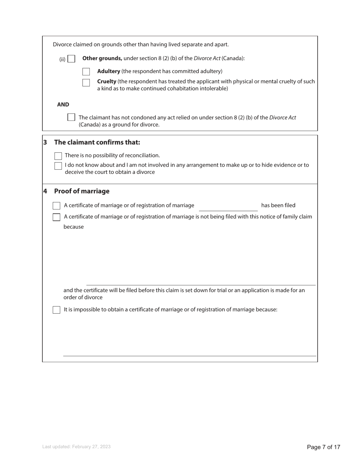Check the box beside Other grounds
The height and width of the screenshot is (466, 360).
click(x=71, y=59)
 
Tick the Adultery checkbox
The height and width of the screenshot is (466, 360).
click(x=86, y=72)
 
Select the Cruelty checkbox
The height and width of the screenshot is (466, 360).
click(x=86, y=82)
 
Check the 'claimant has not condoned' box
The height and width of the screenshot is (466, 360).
click(x=71, y=117)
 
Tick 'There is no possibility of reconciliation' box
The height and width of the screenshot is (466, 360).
click(x=58, y=156)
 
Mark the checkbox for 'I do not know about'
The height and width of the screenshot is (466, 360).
click(x=58, y=166)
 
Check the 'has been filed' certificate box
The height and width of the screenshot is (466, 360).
click(x=56, y=206)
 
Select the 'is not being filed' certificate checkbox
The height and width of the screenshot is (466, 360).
click(x=56, y=217)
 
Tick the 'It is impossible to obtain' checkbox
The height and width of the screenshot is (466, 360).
click(x=56, y=310)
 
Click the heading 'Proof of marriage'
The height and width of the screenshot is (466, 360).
click(x=81, y=191)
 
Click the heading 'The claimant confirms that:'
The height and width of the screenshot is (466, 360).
click(x=97, y=142)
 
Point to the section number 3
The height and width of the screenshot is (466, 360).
click(x=45, y=142)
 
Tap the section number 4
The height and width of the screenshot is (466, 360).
click(x=45, y=191)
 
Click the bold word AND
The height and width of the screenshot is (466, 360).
click(x=63, y=105)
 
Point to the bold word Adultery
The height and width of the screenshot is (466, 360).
click(x=108, y=71)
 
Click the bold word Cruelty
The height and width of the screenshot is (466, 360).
click(x=106, y=81)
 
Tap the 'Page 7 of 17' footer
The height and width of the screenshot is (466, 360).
click(x=323, y=447)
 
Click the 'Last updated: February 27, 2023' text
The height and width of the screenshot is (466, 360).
click(x=77, y=447)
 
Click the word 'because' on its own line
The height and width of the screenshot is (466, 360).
click(x=74, y=227)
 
